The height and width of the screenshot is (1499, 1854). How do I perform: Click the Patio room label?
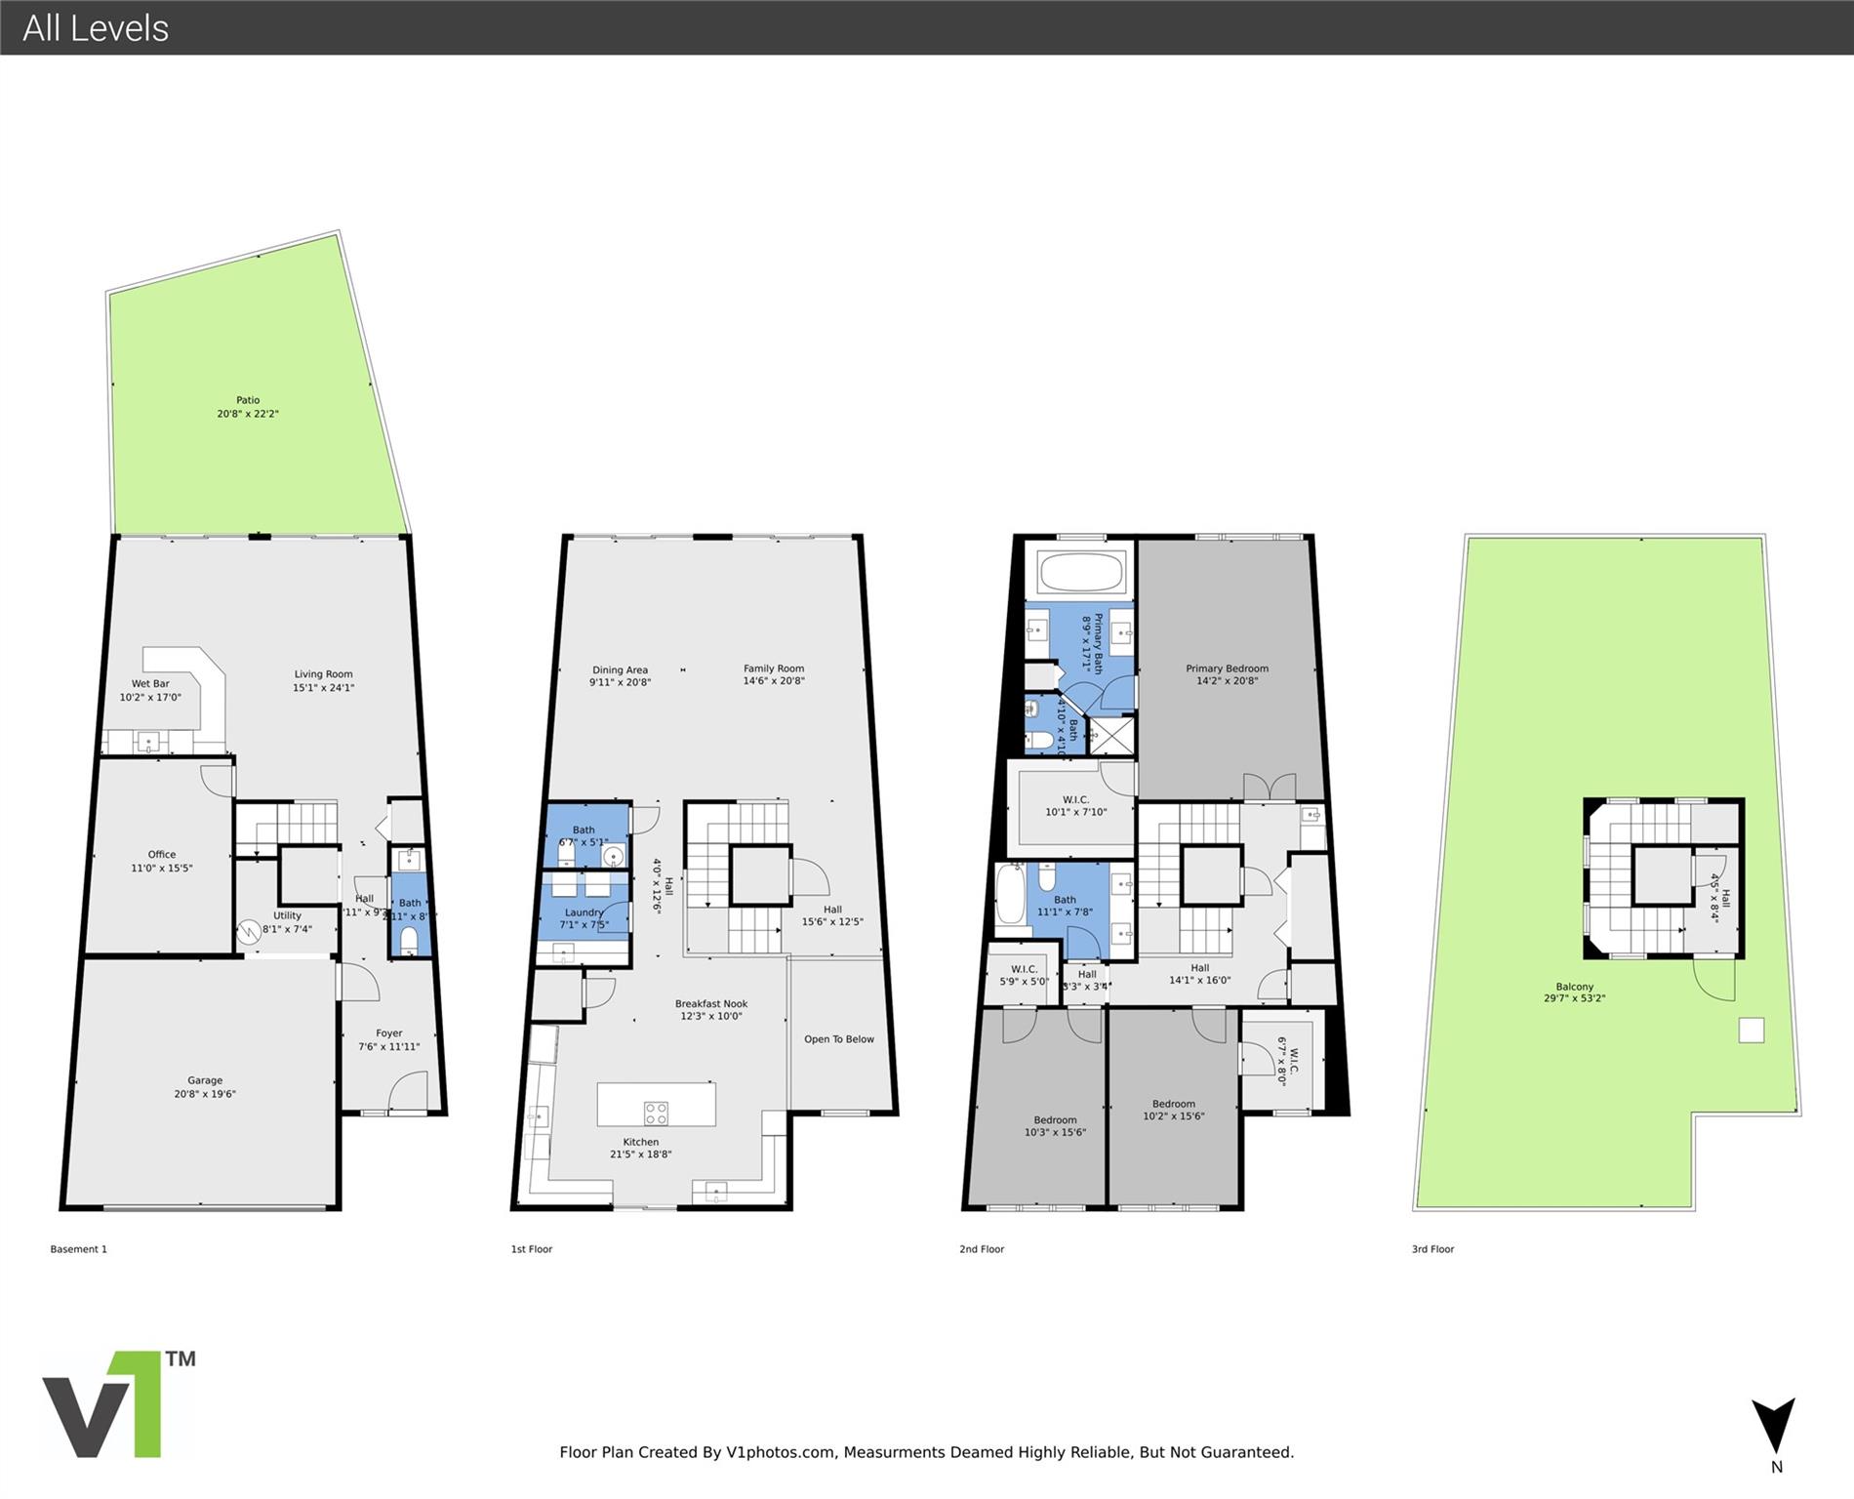coord(248,400)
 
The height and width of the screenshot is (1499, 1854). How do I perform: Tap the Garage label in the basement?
coord(205,1080)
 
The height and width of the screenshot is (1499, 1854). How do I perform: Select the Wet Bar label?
coord(150,684)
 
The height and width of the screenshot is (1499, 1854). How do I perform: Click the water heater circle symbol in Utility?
coord(249,931)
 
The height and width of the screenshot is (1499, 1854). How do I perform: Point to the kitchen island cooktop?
coord(656,1113)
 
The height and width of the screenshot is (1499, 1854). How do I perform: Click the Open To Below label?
coord(839,1039)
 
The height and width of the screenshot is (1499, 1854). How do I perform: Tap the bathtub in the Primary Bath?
coord(1081,572)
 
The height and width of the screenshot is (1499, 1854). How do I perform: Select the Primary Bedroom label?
coord(1227,668)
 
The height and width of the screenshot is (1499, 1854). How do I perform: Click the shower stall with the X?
coord(1111,735)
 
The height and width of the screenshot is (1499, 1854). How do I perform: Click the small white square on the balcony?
coord(1752,1031)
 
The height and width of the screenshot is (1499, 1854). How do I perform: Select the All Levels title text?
coord(96,28)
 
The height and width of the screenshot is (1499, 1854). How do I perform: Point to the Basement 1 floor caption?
coord(79,1249)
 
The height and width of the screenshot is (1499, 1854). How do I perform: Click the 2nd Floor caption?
coord(982,1249)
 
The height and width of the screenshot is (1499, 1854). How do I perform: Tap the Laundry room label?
coord(584,912)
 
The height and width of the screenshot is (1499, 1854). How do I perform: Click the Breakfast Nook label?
coord(711,1003)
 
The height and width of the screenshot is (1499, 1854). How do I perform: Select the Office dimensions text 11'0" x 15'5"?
coord(162,868)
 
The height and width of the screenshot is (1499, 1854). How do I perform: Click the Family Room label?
coord(774,668)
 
